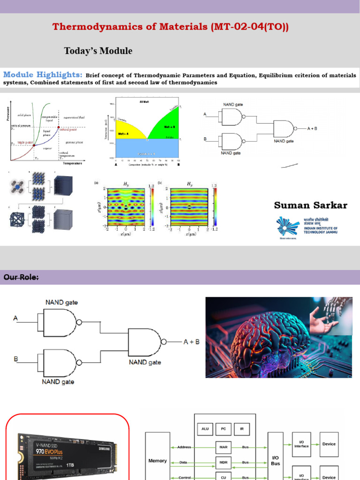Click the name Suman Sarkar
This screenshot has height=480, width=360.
(x=310, y=205)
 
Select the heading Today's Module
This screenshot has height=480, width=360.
(x=98, y=51)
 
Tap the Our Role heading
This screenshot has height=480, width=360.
(x=21, y=277)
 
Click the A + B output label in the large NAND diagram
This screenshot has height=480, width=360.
(x=191, y=342)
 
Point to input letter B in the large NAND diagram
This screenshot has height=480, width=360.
(x=15, y=359)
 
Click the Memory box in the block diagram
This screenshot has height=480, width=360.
(x=157, y=461)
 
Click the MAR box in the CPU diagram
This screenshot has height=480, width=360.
(x=224, y=447)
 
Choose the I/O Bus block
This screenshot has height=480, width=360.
(x=275, y=460)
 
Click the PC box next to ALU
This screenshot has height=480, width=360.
(x=224, y=429)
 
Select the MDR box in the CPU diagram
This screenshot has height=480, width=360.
(x=224, y=462)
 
